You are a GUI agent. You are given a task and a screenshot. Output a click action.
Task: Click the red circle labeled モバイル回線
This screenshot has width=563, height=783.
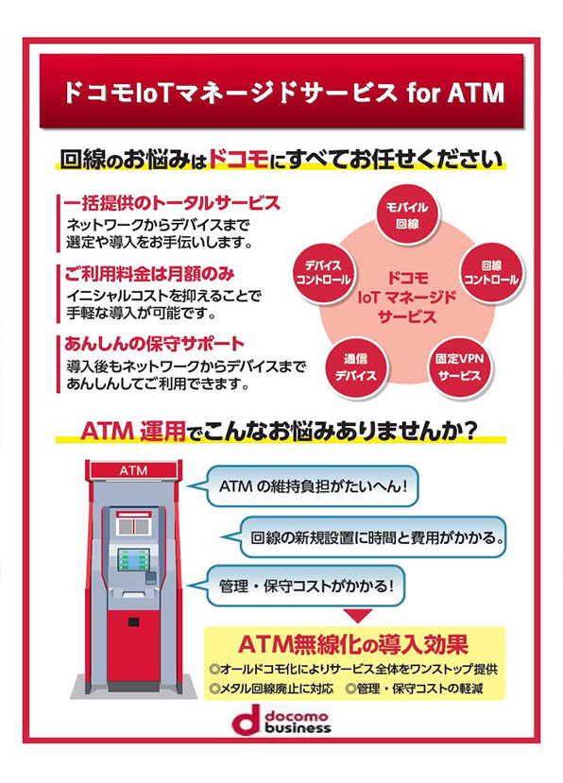click(x=408, y=215)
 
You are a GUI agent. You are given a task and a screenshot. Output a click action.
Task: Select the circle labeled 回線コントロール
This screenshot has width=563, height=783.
click(x=491, y=273)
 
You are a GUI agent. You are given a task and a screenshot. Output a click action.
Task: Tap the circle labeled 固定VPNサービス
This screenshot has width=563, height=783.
click(x=460, y=366)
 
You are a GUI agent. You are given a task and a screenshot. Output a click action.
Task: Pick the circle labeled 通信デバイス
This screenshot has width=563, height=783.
click(x=356, y=366)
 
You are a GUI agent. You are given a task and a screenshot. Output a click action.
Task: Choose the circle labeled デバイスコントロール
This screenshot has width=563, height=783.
click(x=323, y=273)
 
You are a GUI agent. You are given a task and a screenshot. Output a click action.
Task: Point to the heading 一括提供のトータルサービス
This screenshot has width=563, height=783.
click(x=172, y=203)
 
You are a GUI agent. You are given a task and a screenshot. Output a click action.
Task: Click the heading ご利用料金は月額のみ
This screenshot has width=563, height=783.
click(x=149, y=274)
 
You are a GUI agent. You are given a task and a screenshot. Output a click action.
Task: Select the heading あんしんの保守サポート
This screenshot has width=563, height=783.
click(x=154, y=344)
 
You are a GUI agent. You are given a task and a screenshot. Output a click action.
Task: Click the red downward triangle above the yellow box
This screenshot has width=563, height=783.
click(x=359, y=616)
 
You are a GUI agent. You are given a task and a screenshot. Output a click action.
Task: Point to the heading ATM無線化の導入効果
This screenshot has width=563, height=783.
click(x=353, y=644)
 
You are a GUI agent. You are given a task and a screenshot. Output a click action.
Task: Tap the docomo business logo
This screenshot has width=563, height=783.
click(x=282, y=720)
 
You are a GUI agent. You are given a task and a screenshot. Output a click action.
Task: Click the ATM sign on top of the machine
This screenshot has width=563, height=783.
click(x=133, y=470)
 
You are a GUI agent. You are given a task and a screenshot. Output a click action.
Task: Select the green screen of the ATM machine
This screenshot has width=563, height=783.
click(x=133, y=559)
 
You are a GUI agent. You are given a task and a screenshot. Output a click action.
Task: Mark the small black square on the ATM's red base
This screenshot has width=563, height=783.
click(x=133, y=622)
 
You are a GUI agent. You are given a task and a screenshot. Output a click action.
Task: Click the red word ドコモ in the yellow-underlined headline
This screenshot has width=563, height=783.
click(x=238, y=159)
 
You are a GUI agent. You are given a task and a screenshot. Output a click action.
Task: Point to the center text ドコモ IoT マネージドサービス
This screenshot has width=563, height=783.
click(x=408, y=298)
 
